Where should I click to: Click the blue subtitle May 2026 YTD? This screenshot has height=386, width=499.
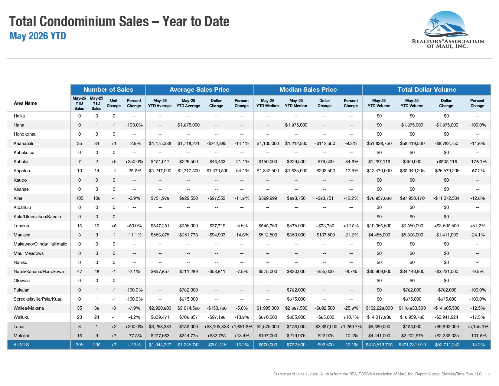pyautogui.click(x=38, y=36)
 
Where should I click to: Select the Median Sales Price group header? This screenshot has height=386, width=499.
pyautogui.click(x=308, y=90)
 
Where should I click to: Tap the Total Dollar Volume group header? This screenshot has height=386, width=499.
pyautogui.click(x=427, y=90)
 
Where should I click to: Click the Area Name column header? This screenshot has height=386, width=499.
pyautogui.click(x=25, y=103)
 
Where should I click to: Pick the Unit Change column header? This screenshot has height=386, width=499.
pyautogui.click(x=114, y=103)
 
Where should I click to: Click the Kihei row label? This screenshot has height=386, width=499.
pyautogui.click(x=18, y=198)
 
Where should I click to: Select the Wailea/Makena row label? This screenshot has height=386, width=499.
pyautogui.click(x=29, y=308)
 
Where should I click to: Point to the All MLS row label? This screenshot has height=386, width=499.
pyautogui.click(x=21, y=345)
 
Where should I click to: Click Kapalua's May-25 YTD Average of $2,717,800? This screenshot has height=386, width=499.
pyautogui.click(x=188, y=170)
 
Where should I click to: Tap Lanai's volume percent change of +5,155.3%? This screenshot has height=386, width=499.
pyautogui.click(x=478, y=326)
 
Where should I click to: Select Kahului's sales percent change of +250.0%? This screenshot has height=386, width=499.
pyautogui.click(x=134, y=162)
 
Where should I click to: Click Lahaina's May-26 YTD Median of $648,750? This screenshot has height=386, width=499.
pyautogui.click(x=268, y=226)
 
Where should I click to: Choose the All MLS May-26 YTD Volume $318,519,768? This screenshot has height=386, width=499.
pyautogui.click(x=379, y=345)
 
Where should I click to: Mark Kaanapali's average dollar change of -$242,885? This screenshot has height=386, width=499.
pyautogui.click(x=216, y=144)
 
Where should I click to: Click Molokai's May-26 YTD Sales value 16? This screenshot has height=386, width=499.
pyautogui.click(x=80, y=336)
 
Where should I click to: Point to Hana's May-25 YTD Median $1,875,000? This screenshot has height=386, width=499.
pyautogui.click(x=296, y=125)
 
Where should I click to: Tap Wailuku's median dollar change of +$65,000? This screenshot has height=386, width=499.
pyautogui.click(x=325, y=317)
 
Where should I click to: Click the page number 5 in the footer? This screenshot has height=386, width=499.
pyautogui.click(x=489, y=374)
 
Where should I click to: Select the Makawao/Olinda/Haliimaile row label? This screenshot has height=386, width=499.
pyautogui.click(x=41, y=244)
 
